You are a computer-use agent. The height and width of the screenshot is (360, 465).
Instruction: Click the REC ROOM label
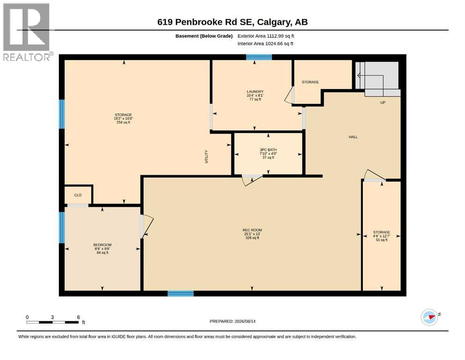click(x=252, y=230)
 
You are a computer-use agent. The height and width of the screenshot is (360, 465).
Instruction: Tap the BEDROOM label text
click(x=102, y=245)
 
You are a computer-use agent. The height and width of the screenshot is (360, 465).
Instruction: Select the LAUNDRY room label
click(x=255, y=92)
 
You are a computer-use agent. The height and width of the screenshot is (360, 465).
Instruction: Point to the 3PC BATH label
click(x=268, y=150)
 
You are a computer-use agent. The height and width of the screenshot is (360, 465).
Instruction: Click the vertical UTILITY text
click(x=207, y=157)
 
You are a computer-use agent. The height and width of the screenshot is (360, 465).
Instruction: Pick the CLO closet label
click(x=78, y=195)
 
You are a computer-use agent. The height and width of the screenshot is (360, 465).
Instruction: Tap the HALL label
click(x=353, y=137)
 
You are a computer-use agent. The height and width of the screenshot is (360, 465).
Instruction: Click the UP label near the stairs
click(x=383, y=102)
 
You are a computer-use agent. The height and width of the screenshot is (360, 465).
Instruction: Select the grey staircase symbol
click(x=378, y=79)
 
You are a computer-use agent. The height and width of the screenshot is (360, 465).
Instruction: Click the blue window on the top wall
click(x=259, y=57)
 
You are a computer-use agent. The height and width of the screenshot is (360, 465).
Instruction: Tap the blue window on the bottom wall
click(x=181, y=293)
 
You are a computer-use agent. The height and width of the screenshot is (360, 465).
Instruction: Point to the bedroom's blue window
click(x=62, y=227)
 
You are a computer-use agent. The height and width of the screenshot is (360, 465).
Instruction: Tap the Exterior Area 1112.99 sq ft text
click(x=266, y=36)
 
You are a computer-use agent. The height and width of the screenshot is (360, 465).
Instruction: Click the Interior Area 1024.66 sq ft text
click(x=266, y=43)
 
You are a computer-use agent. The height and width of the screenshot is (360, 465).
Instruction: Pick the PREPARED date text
click(x=232, y=321)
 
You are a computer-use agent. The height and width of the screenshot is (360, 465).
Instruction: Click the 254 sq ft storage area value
click(x=123, y=122)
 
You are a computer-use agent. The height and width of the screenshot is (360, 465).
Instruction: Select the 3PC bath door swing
click(x=252, y=180)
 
